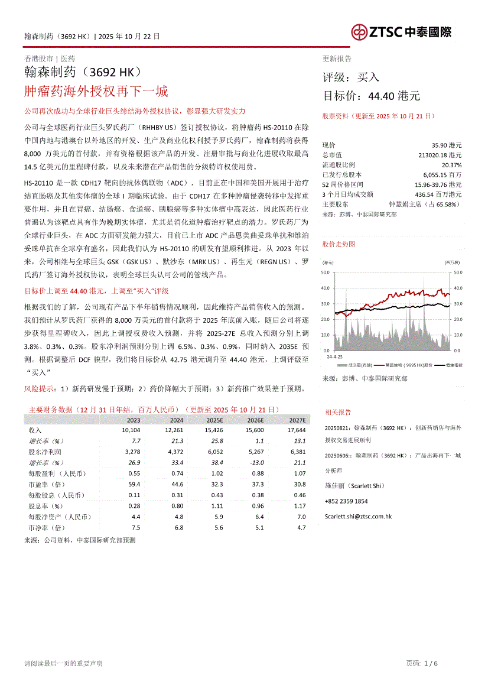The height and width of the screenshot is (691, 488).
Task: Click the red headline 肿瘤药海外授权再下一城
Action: tap(96, 91)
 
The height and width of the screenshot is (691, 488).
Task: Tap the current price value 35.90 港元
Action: tap(447, 145)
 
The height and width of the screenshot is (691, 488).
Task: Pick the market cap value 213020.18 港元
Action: tap(440, 155)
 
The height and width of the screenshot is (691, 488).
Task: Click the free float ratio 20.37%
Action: tap(451, 165)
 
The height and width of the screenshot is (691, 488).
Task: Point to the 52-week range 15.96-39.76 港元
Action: tap(437, 184)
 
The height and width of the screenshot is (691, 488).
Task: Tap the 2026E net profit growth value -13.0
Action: tap(256, 462)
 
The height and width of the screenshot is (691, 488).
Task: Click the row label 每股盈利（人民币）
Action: tap(57, 473)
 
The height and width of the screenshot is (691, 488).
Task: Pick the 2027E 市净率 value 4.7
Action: tap(301, 527)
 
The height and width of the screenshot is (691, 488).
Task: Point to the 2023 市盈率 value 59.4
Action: tap(134, 484)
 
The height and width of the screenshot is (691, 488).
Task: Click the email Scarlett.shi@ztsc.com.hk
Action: tap(358, 516)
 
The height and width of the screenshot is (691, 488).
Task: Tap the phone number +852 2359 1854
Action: tap(346, 501)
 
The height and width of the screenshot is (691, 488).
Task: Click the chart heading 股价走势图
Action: tap(339, 244)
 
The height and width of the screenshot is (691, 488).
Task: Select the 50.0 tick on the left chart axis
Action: tap(325, 272)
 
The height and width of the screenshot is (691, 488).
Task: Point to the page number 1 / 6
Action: tap(431, 663)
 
